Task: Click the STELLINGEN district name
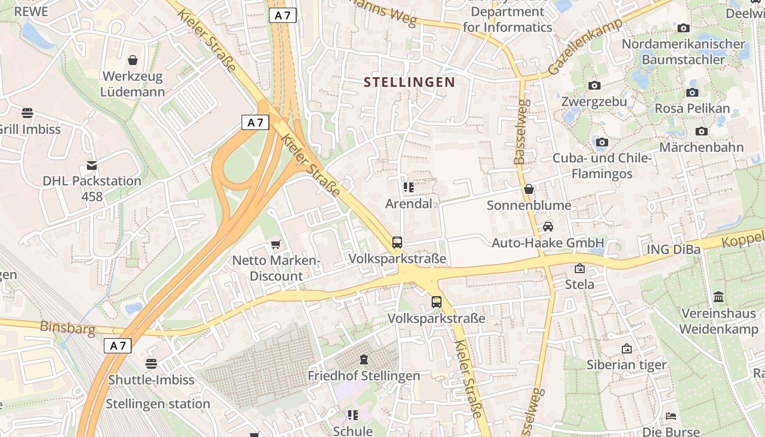coord(409,82)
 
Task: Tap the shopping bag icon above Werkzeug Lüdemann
coord(133,60)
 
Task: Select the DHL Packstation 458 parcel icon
coord(92,165)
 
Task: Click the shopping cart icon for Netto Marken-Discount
coord(276,244)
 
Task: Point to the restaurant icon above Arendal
coord(408,187)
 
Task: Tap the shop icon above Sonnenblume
coord(529,189)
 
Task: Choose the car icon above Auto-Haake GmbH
coord(548,227)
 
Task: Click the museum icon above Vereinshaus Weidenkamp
coord(719,297)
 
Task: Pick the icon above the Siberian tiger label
coord(627,348)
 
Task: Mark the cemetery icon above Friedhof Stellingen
coord(364,359)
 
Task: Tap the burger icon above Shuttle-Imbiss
coord(151,363)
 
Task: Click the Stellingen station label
coord(158,404)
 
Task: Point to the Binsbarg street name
coord(68,328)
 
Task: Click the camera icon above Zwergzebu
coord(595,85)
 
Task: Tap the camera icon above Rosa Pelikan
coord(692,92)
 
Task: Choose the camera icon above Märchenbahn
coord(702,131)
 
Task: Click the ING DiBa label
coord(674,250)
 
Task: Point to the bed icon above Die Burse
coord(672,416)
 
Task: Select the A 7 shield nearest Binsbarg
coord(118,346)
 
